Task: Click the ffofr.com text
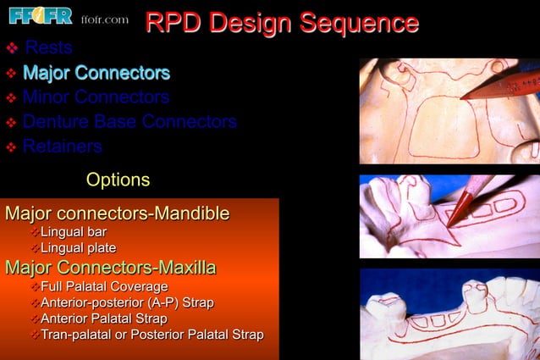(x=105, y=19)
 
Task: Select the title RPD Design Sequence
(x=282, y=22)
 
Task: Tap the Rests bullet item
(x=48, y=47)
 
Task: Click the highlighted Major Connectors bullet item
(x=96, y=73)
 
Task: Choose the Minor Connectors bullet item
(x=96, y=97)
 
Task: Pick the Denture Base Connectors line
(x=129, y=122)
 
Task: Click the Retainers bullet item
(x=63, y=147)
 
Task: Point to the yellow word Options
(x=118, y=180)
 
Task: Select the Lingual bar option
(x=74, y=232)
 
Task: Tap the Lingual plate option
(x=79, y=247)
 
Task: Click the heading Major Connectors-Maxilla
(x=110, y=269)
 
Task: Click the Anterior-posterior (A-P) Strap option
(x=127, y=302)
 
